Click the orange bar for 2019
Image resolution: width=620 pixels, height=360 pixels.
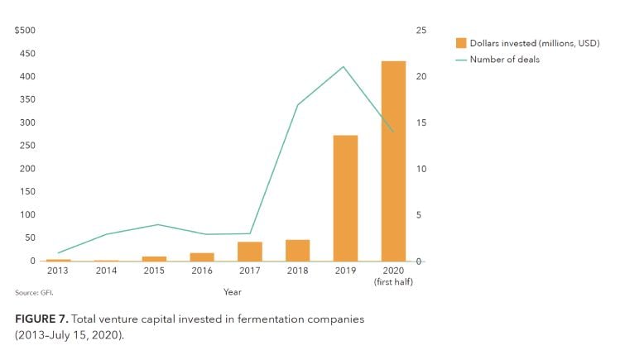(x=345, y=198)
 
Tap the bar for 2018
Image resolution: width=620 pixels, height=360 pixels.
(x=297, y=250)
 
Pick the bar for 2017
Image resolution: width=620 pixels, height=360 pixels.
(x=249, y=251)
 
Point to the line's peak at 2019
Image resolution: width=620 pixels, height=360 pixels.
(x=344, y=67)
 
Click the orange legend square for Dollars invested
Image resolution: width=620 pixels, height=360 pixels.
(x=461, y=43)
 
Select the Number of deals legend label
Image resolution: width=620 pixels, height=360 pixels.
(x=504, y=60)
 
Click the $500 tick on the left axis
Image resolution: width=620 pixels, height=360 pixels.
(x=25, y=31)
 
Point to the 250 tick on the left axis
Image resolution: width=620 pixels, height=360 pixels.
(x=27, y=146)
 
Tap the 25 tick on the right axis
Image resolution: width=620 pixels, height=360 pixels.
(x=421, y=31)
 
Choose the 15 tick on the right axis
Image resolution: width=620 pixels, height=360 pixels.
(x=421, y=122)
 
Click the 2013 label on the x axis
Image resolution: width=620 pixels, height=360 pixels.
(x=58, y=271)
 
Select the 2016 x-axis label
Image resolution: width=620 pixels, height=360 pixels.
(x=201, y=271)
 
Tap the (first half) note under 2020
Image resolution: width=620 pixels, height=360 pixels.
(x=393, y=282)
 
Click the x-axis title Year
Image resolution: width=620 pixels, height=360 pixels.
(x=232, y=291)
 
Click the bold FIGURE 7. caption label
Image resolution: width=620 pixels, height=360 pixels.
(x=43, y=319)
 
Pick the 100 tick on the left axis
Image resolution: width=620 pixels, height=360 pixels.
(x=27, y=215)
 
